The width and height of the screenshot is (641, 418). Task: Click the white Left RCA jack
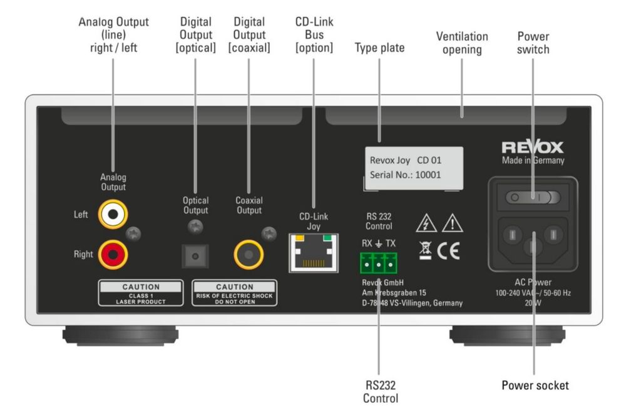[113, 215]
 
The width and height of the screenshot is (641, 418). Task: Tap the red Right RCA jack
[113, 254]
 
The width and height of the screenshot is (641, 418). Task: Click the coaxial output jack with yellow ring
[249, 255]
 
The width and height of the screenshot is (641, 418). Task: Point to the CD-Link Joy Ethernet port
[313, 252]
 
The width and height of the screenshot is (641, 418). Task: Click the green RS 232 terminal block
[379, 263]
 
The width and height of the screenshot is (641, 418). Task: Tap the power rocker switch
[533, 198]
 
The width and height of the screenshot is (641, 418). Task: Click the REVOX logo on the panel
[532, 148]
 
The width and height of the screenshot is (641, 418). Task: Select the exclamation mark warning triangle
[452, 223]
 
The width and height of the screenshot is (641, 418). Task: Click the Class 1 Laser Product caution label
[141, 292]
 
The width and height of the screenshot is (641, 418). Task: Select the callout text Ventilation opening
[462, 43]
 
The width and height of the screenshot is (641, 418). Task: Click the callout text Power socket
[535, 385]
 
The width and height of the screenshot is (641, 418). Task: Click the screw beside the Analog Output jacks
[134, 233]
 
